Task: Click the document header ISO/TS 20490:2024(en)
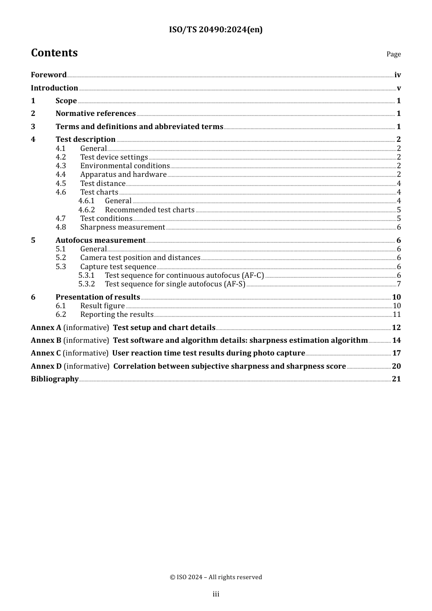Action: tap(216, 30)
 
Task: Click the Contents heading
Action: tap(54, 53)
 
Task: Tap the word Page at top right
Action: tap(393, 54)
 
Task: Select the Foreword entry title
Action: tap(49, 75)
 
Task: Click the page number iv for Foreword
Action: tap(397, 75)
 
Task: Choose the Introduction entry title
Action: tap(55, 88)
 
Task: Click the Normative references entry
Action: tap(95, 114)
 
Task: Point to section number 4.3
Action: tap(61, 166)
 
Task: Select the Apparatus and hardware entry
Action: tap(123, 175)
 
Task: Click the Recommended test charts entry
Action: tap(150, 210)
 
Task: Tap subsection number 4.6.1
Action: tap(86, 201)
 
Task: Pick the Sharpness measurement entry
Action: tap(122, 227)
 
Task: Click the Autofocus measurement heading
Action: tap(100, 240)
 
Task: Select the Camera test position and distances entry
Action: tap(140, 258)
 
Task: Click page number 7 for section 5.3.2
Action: tap(399, 284)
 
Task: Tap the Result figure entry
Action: tap(102, 306)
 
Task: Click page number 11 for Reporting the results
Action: tap(397, 315)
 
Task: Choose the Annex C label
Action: tap(46, 353)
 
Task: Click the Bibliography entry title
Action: tap(55, 379)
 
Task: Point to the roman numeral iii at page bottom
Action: tap(216, 594)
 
